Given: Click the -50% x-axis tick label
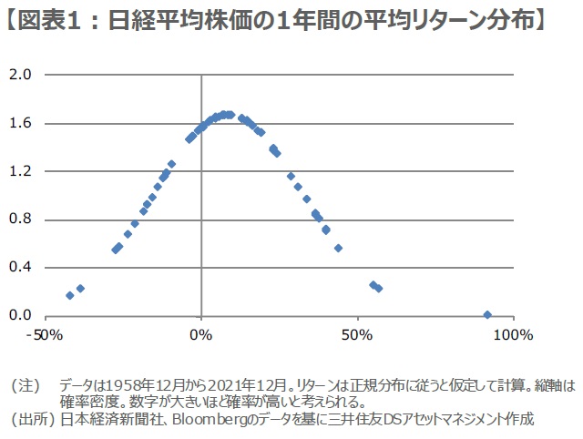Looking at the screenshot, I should [44, 335].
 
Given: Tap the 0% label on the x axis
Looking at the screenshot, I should [200, 335].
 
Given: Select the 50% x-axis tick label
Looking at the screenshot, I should [356, 335].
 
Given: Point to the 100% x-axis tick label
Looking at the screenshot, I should [512, 335].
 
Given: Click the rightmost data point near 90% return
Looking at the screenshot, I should [487, 315].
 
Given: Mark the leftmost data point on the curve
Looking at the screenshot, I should [70, 295].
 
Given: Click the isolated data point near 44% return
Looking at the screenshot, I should [338, 248].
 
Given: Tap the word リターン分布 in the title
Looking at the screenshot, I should [464, 19].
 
